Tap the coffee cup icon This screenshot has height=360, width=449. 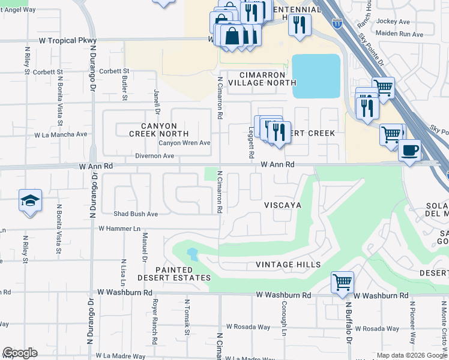coord(409,149)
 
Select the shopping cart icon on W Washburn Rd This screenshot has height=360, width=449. coord(342,281)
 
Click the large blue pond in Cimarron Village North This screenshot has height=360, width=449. coord(316,76)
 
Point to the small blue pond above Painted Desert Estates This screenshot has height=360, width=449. coord(193,254)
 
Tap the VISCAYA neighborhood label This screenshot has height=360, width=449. coord(283,205)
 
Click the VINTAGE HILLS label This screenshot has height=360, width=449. coord(288,265)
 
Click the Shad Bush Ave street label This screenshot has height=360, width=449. coord(136,214)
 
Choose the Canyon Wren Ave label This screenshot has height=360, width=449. coord(184,143)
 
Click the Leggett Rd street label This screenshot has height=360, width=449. coord(251,142)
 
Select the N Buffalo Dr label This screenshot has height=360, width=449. coord(348,328)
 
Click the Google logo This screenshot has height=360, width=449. coord(20,353)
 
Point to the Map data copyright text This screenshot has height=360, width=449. coord(411,355)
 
